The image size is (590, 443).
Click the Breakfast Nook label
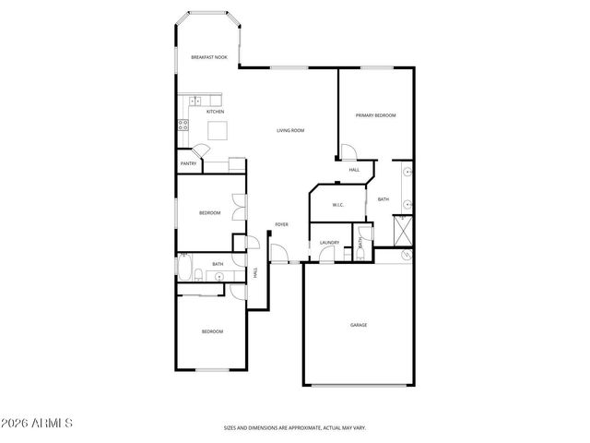(x=208, y=57)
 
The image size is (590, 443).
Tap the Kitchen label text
(x=215, y=112)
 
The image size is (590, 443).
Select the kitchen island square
(x=218, y=130)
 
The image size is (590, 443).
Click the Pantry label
(x=188, y=163)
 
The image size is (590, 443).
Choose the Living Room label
(x=290, y=130)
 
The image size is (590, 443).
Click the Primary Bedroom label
(x=376, y=115)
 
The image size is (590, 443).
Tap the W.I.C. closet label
(x=336, y=205)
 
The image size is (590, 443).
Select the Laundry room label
(x=329, y=243)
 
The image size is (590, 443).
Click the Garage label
(x=359, y=325)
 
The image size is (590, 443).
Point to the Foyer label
(x=281, y=224)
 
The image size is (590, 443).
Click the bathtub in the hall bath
(x=185, y=272)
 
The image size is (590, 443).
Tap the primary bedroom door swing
(x=348, y=154)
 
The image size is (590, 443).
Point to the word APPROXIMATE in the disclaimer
(x=308, y=427)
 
